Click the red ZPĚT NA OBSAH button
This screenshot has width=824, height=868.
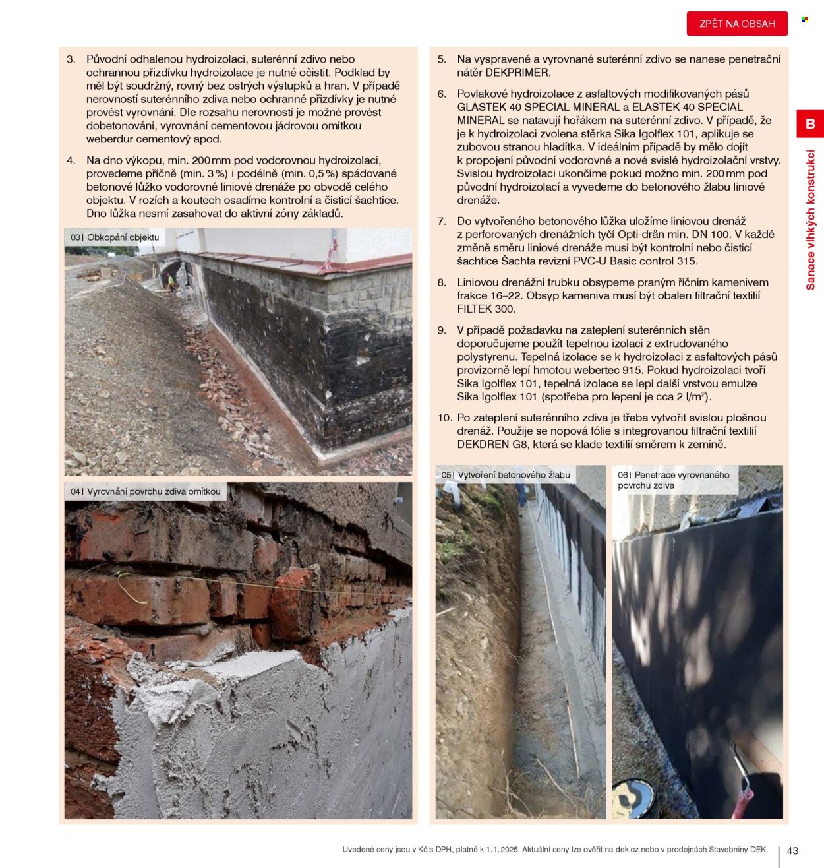coord(737,24)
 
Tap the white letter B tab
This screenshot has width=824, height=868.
coord(810,124)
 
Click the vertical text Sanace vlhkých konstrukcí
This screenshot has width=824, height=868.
coord(810,220)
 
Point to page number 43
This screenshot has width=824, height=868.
coord(792,851)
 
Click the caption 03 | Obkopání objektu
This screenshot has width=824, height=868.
coord(115,237)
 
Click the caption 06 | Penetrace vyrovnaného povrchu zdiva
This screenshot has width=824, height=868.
coord(673,480)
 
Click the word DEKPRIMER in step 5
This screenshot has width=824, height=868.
coord(517,73)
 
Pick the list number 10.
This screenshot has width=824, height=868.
coord(444,418)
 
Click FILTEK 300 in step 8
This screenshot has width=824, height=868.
coord(486,309)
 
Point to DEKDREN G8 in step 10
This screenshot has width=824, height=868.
coord(492,444)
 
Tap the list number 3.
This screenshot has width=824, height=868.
coord(71,59)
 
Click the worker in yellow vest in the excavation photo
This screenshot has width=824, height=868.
coord(171,282)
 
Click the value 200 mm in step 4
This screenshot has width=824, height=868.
coord(211,160)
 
